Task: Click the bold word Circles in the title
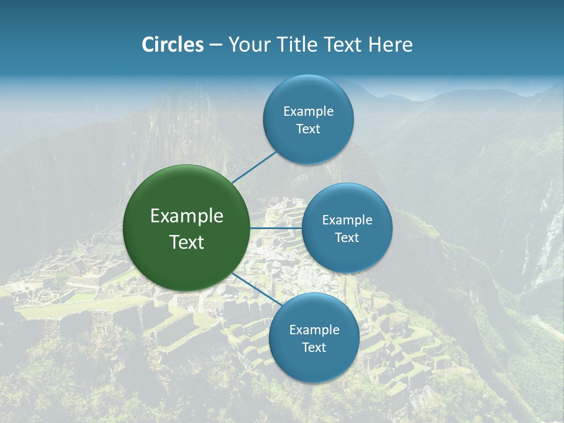click(x=173, y=45)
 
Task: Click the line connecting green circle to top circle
click(x=254, y=167)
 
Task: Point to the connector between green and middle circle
click(x=276, y=227)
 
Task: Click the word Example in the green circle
click(x=187, y=216)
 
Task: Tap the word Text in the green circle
click(x=187, y=242)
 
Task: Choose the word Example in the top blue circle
click(x=308, y=111)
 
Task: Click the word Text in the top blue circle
click(x=308, y=129)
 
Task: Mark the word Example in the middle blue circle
click(x=347, y=220)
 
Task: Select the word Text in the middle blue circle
click(x=347, y=237)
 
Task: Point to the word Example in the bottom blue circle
click(x=314, y=330)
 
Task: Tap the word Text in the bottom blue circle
click(x=314, y=347)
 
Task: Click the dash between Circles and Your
click(x=215, y=45)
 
